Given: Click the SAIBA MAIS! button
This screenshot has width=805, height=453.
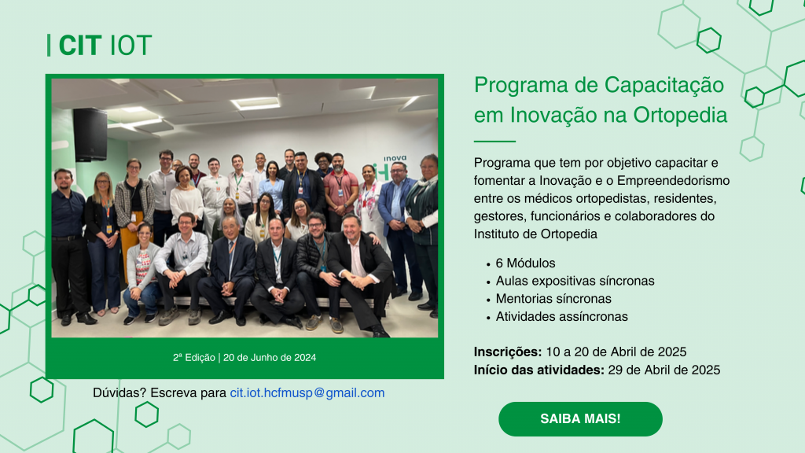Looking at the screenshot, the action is [x=580, y=419].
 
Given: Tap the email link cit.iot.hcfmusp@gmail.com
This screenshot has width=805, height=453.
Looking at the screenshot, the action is [x=307, y=393].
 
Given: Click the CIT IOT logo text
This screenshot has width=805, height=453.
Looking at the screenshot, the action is [x=105, y=46].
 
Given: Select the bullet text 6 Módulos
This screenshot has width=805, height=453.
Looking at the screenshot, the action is [x=525, y=263].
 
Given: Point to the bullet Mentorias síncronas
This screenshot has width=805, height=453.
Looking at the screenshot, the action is [x=553, y=299].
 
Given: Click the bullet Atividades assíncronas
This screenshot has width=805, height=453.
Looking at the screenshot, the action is [x=561, y=316].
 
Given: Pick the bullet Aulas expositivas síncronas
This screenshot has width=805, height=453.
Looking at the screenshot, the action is [x=575, y=281].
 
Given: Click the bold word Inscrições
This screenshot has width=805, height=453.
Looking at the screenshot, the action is [x=508, y=352].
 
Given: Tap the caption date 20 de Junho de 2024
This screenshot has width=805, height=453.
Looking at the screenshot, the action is [x=270, y=358].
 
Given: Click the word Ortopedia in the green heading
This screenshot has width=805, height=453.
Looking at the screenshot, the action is [x=680, y=115].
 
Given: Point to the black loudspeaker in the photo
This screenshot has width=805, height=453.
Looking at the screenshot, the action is [x=90, y=134].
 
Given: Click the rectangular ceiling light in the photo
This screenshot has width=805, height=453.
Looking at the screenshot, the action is [x=255, y=103].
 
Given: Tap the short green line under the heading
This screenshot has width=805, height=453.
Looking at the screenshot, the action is [x=494, y=141].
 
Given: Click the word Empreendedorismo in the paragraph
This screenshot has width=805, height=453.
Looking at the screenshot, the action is [x=673, y=181].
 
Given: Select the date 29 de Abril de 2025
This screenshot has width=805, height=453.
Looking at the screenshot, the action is [x=663, y=370].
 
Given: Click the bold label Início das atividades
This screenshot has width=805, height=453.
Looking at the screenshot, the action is [x=539, y=370].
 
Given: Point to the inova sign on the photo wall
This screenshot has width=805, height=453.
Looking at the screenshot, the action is [x=395, y=158].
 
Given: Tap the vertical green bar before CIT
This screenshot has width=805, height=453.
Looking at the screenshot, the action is [x=49, y=45].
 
